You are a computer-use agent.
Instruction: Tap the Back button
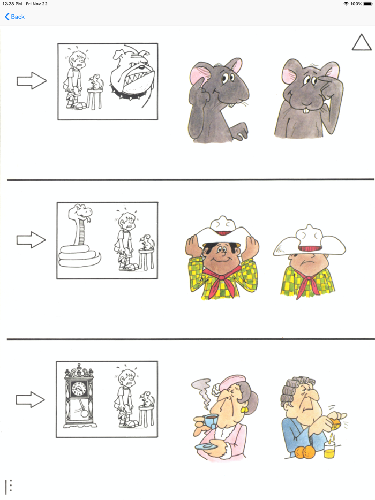coord(15,17)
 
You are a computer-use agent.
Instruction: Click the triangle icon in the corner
coord(362,43)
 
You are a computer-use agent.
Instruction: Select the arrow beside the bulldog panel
coord(32,81)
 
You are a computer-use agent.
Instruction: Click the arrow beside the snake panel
coord(32,240)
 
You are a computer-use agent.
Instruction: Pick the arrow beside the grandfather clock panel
coord(32,399)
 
